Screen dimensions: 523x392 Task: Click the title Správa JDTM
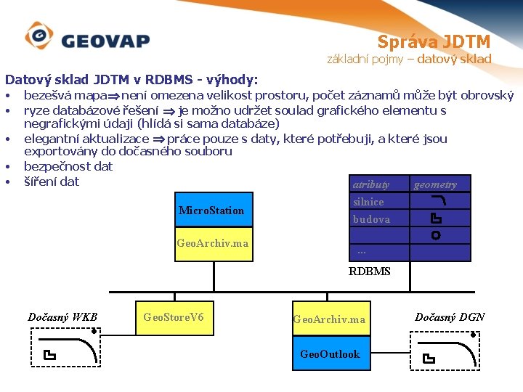pos(434,41)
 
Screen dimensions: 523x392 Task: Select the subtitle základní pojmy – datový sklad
pos(409,59)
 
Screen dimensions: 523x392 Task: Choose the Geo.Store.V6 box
pos(174,317)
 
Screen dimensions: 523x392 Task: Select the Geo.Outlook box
pos(331,354)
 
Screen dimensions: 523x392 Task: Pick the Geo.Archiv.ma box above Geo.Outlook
pos(331,319)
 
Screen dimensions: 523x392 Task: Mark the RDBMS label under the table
pos(369,271)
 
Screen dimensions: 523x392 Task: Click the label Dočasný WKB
pos(62,317)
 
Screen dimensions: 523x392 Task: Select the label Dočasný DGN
pos(450,317)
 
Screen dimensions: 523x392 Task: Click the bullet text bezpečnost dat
pos(68,166)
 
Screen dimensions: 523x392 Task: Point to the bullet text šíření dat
pos(52,181)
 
